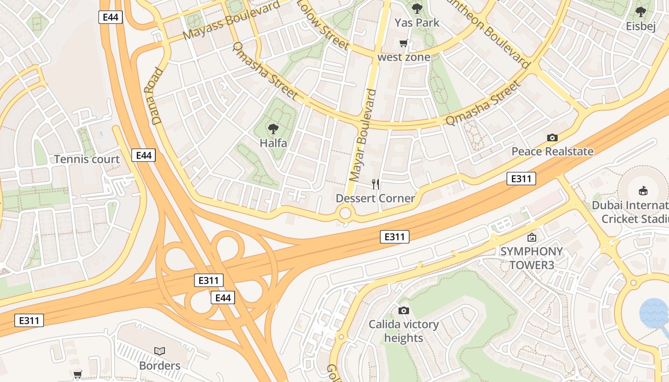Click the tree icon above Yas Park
coord(417,8)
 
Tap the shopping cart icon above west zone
coord(404,43)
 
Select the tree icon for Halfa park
coord(273,128)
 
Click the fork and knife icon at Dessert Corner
coord(376,184)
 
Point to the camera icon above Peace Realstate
coord(552,138)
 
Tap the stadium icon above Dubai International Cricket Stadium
coord(643,191)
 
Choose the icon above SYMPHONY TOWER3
coord(531,237)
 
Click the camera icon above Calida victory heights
coord(404,310)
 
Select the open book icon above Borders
coord(160,351)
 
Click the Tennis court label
coord(86,159)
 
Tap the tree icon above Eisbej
coord(641,12)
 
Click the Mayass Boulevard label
coord(231,21)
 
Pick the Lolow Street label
coord(323,24)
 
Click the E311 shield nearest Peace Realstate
coord(521,179)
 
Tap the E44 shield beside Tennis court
coord(144,155)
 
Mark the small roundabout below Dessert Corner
coord(345,213)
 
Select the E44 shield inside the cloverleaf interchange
coord(223,298)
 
